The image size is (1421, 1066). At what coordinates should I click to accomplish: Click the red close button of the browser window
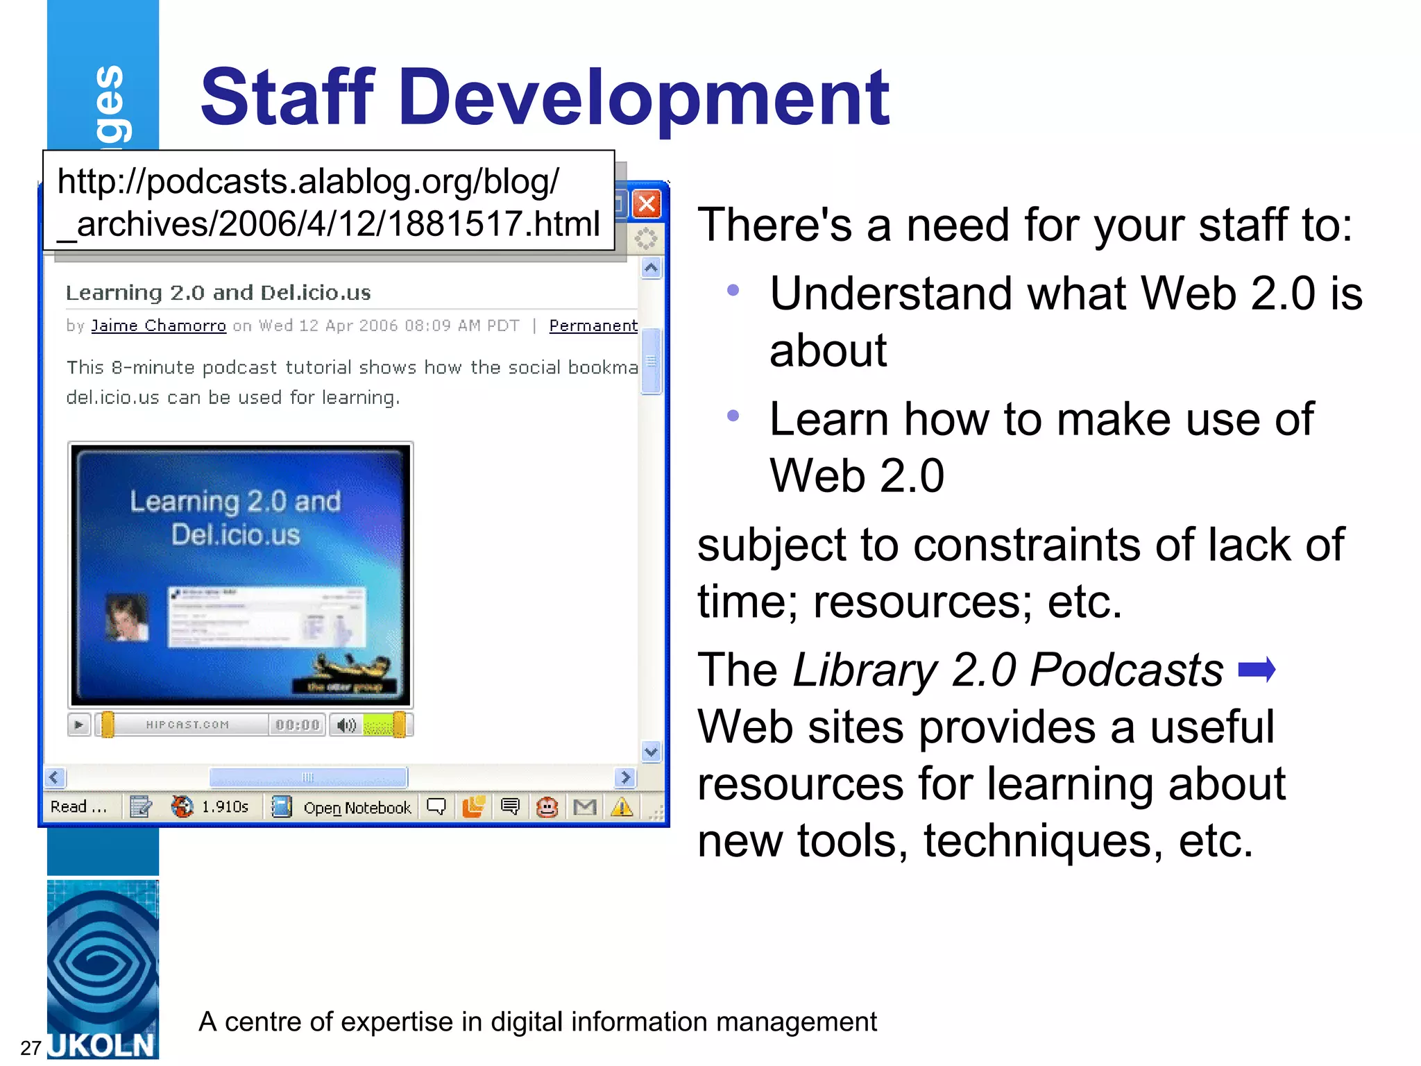pos(647,204)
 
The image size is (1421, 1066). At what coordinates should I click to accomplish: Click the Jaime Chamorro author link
pos(158,325)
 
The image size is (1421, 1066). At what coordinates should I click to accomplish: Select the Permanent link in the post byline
pos(593,325)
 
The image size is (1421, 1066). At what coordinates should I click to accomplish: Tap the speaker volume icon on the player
pos(346,725)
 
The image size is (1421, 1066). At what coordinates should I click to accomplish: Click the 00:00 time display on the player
pos(297,725)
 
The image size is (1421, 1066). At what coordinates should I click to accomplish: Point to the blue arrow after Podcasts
pos(1257,670)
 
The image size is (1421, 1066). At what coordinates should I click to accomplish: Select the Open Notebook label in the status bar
pos(357,808)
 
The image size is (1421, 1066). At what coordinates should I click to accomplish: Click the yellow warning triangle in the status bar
pos(622,807)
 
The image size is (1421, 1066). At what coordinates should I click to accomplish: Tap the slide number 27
pos(31,1047)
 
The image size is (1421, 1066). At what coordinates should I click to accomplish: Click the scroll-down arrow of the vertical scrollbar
pos(651,751)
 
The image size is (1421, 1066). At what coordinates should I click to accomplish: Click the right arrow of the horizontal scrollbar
pos(625,777)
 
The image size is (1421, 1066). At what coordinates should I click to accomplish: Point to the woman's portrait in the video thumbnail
pos(126,617)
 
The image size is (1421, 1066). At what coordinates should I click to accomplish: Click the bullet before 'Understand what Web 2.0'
pos(733,291)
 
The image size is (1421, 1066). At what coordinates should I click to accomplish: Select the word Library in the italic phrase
pos(865,670)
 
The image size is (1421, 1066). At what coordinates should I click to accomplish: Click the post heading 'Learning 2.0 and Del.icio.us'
pos(218,293)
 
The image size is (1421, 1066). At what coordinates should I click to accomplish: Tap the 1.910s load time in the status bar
pos(225,807)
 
